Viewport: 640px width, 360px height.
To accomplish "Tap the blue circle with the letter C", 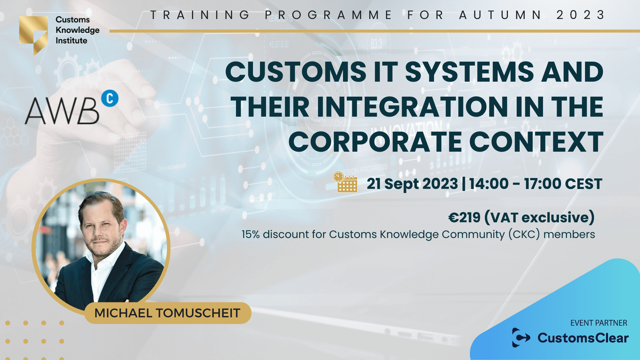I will point(110,98).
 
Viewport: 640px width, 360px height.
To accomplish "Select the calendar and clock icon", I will point(345,182).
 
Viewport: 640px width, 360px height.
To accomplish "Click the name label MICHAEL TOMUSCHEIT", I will point(167,313).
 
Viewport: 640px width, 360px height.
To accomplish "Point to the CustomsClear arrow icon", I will point(521,338).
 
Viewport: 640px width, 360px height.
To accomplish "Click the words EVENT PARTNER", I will point(599,323).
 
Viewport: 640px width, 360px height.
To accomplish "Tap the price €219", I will point(464,217).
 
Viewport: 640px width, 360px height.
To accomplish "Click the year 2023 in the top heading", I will point(580,15).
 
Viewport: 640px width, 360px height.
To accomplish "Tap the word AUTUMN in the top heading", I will point(500,15).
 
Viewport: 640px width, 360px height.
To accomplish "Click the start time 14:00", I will point(489,184).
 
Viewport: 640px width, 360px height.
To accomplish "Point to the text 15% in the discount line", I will point(250,234).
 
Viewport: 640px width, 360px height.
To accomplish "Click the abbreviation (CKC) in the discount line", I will point(524,234).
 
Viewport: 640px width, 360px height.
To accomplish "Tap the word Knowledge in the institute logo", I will point(77,30).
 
